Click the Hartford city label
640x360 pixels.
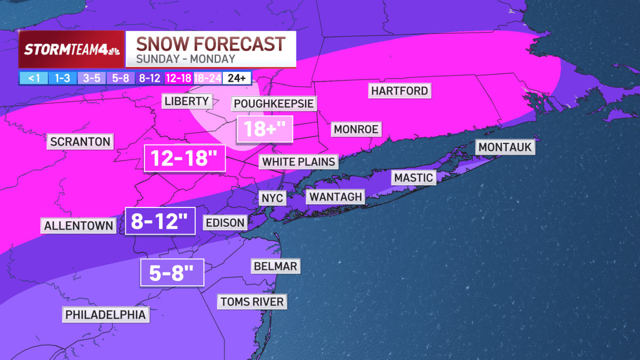coord(400,91)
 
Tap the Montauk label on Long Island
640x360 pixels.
coord(506,147)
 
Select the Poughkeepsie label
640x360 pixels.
coord(274,103)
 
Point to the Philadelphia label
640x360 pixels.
coord(105,315)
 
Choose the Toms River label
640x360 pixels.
coord(252,302)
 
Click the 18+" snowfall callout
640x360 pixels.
coord(265,129)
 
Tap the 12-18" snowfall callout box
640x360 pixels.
coord(185,158)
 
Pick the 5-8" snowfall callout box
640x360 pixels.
coord(172,274)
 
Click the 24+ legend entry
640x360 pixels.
coord(237,78)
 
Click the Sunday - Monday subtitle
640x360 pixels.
coord(186,59)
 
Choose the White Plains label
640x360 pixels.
coord(299,161)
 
